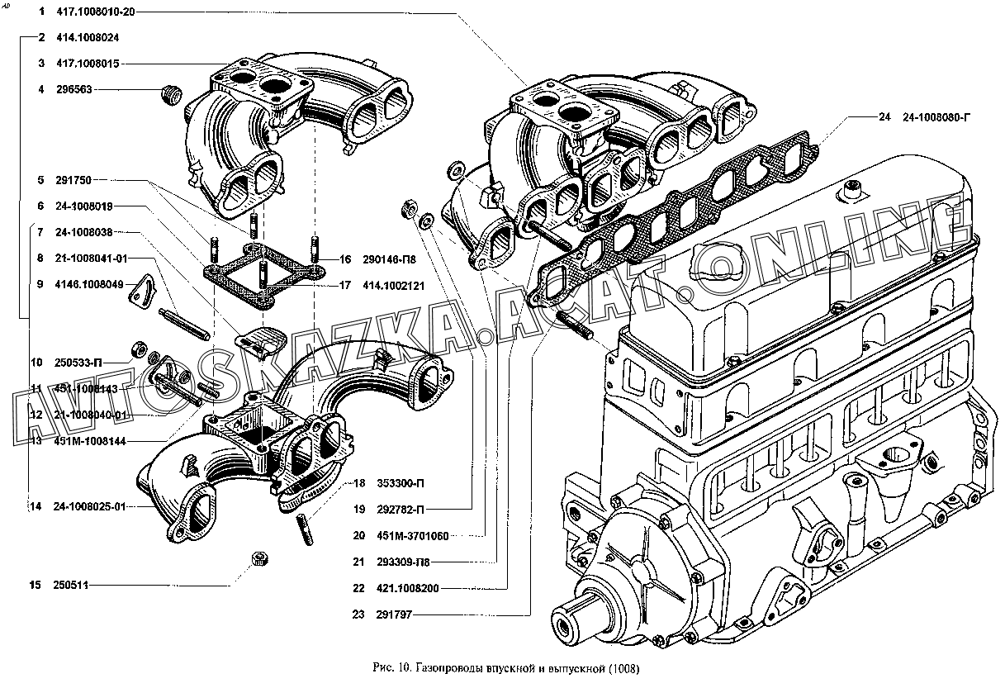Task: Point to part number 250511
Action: point(71,586)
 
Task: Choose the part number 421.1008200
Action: point(405,589)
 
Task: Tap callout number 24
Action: point(884,117)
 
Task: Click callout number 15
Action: point(35,586)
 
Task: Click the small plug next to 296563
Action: point(171,93)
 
